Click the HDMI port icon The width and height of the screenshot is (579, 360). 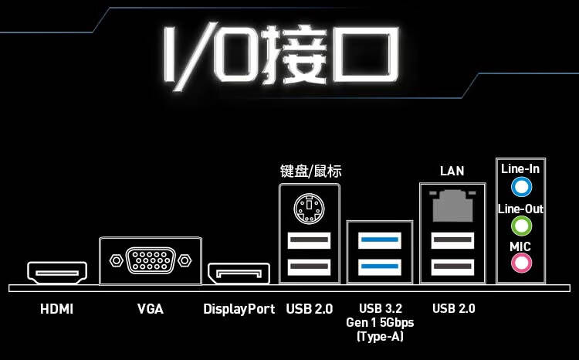click(x=57, y=273)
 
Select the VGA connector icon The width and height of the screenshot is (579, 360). click(x=151, y=260)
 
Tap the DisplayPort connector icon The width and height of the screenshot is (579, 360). click(x=239, y=273)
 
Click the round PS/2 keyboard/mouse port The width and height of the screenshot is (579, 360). click(x=309, y=208)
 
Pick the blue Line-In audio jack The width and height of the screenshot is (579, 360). click(x=521, y=187)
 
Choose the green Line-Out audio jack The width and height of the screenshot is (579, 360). click(x=521, y=226)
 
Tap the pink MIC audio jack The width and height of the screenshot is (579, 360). click(x=521, y=263)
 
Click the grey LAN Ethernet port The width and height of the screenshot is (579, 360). click(x=452, y=205)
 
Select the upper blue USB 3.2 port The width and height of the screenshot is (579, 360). click(x=380, y=240)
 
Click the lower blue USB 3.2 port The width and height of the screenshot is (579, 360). click(x=380, y=267)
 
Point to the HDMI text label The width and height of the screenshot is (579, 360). click(x=56, y=309)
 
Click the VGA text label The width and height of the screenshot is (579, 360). click(x=151, y=309)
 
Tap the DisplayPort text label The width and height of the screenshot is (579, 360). click(x=239, y=309)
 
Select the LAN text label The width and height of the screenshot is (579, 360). click(x=452, y=172)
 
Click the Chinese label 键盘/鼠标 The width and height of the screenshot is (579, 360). click(x=310, y=172)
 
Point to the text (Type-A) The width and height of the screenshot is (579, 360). click(x=380, y=336)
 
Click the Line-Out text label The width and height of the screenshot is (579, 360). click(x=520, y=209)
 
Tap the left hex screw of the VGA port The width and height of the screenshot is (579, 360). click(x=117, y=260)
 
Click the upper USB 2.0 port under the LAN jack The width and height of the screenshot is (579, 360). click(x=452, y=240)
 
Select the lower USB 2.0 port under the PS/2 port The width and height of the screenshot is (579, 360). click(x=309, y=267)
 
